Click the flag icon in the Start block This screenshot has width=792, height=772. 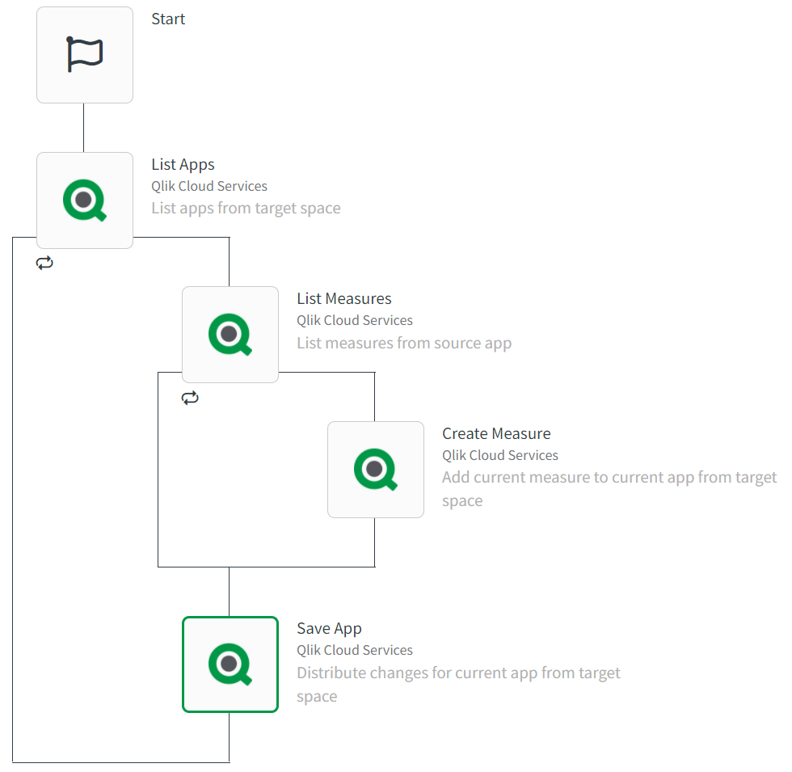pos(85,55)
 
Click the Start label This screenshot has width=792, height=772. pos(168,19)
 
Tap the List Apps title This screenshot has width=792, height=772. pos(183,165)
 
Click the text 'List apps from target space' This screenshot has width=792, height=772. pos(246,209)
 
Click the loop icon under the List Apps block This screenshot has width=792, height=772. pos(44,263)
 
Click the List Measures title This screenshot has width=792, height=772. pos(343,299)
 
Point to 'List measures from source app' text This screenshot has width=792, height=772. pos(404,343)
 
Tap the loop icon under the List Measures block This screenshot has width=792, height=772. pos(190,398)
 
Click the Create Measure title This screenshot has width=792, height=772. pos(496,434)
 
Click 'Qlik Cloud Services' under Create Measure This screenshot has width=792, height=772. pos(499,456)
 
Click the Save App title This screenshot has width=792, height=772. pos(329,629)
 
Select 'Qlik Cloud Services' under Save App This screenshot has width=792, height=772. pos(354,651)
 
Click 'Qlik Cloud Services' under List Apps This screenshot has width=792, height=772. pos(209,187)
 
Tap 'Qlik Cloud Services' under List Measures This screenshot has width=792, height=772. pos(354,321)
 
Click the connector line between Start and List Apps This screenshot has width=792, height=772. pos(84,128)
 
